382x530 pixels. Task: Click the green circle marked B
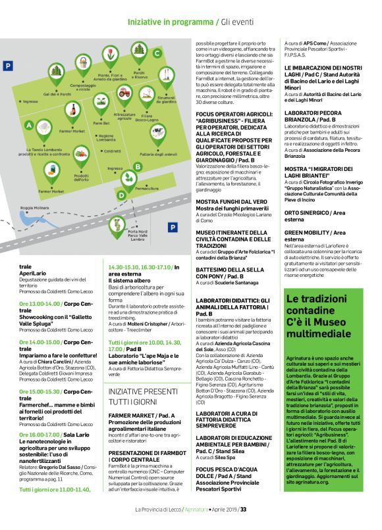137,167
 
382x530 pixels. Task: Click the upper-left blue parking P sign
8,66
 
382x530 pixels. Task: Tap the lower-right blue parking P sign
173,228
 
